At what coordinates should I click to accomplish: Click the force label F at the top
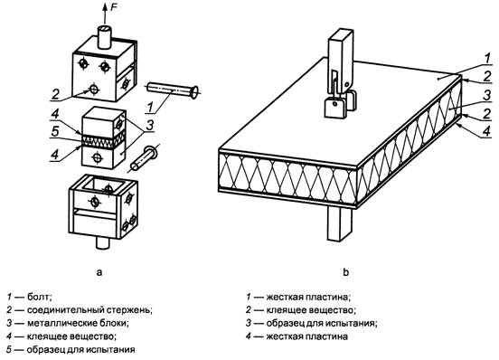pos(114,7)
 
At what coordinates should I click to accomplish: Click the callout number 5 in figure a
pos(55,131)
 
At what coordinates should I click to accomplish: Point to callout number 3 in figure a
pos(149,125)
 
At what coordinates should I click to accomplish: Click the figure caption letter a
pos(99,272)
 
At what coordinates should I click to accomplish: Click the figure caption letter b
pos(346,272)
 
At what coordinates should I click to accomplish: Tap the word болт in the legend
pos(39,297)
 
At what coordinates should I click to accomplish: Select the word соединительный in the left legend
pos(64,310)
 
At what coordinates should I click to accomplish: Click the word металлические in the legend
pos(61,323)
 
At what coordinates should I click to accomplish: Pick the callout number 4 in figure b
pos(486,131)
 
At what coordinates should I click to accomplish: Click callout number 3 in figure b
pos(486,96)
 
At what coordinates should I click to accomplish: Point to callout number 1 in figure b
pos(487,58)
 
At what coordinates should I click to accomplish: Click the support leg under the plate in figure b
pos(340,223)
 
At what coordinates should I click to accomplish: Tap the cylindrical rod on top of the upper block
pos(105,37)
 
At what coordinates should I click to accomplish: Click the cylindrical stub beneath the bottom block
pos(103,243)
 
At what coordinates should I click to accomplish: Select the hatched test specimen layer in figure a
pos(103,140)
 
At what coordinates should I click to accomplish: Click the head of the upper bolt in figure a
pos(193,92)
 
